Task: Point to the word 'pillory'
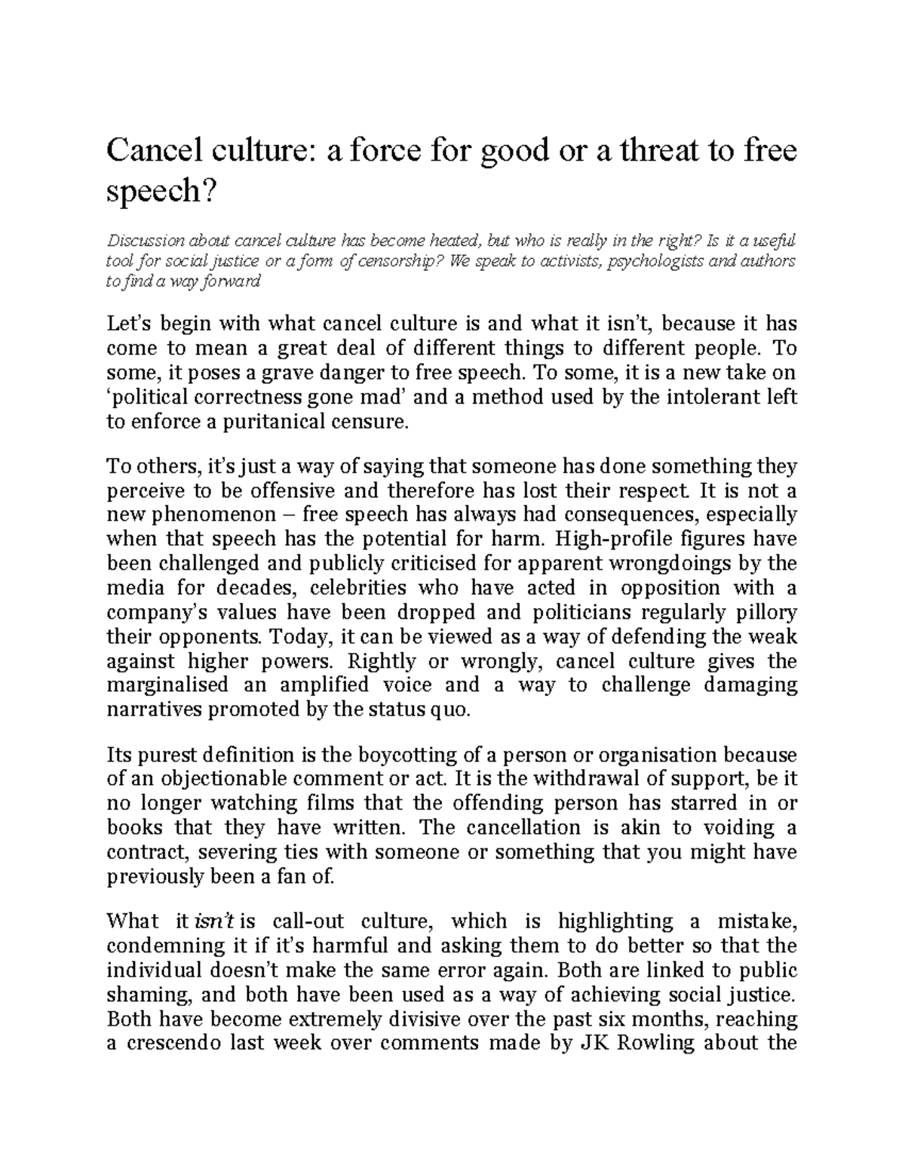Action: tap(765, 612)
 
